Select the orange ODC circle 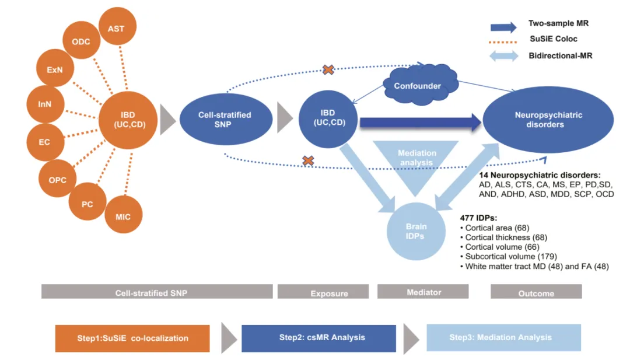coord(80,43)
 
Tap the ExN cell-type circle coord(55,69)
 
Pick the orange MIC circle coord(123,217)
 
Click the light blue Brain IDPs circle coord(416,231)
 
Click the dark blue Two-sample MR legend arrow coord(502,26)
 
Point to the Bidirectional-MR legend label coord(557,55)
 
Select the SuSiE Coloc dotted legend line coord(502,41)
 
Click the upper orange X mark coord(328,70)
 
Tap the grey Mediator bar coord(424,292)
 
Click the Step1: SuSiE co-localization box coord(132,338)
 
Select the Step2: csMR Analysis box coord(318,338)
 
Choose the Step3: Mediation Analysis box coord(503,338)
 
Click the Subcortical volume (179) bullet coord(511,256)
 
